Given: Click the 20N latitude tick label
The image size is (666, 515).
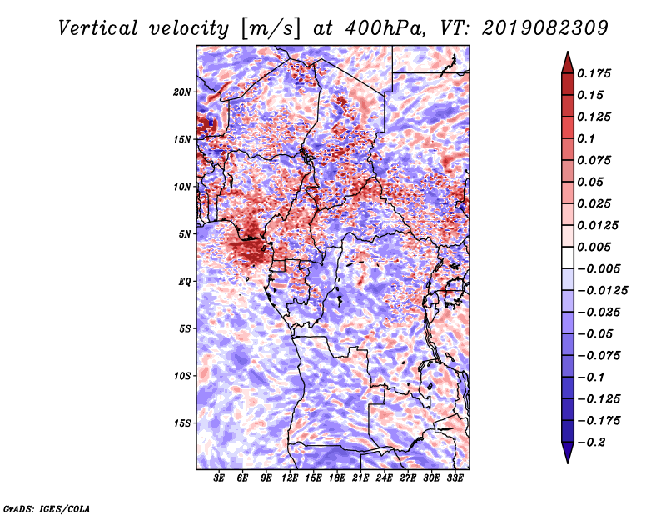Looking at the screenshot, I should click(x=183, y=92).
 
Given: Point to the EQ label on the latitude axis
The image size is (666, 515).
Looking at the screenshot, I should click(x=186, y=281).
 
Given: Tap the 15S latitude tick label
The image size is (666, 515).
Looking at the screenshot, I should click(x=183, y=422).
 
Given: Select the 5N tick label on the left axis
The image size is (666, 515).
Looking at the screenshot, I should click(x=186, y=233).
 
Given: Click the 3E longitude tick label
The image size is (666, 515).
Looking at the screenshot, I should click(x=220, y=478).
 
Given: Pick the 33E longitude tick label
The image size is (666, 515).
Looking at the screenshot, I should click(x=455, y=478).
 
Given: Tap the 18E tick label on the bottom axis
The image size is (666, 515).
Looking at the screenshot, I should click(x=337, y=478).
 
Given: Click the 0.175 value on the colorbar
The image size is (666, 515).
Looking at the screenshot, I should click(x=598, y=73).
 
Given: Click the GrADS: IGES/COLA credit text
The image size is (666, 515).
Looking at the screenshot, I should click(x=46, y=507).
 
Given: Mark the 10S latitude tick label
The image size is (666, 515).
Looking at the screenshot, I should click(x=183, y=375).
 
